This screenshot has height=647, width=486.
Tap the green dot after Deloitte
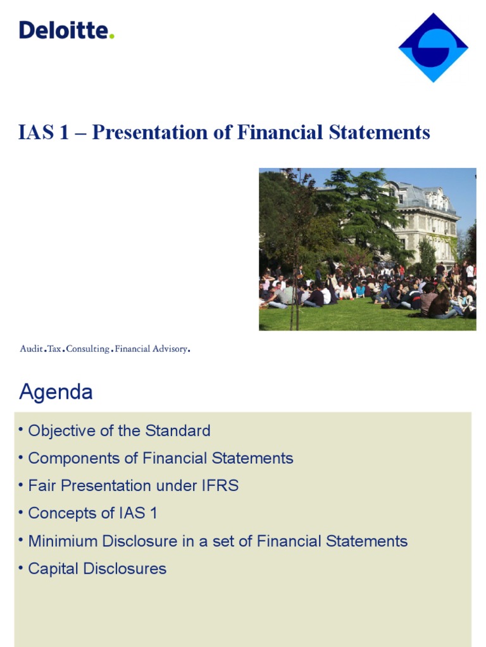(112, 36)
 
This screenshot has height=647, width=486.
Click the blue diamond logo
(433, 47)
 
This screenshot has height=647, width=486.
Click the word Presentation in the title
(155, 133)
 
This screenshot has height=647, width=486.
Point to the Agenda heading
(56, 392)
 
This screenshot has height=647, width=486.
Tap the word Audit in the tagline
(31, 349)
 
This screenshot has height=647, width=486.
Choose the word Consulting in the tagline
(87, 349)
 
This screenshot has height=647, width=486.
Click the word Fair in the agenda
(39, 486)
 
